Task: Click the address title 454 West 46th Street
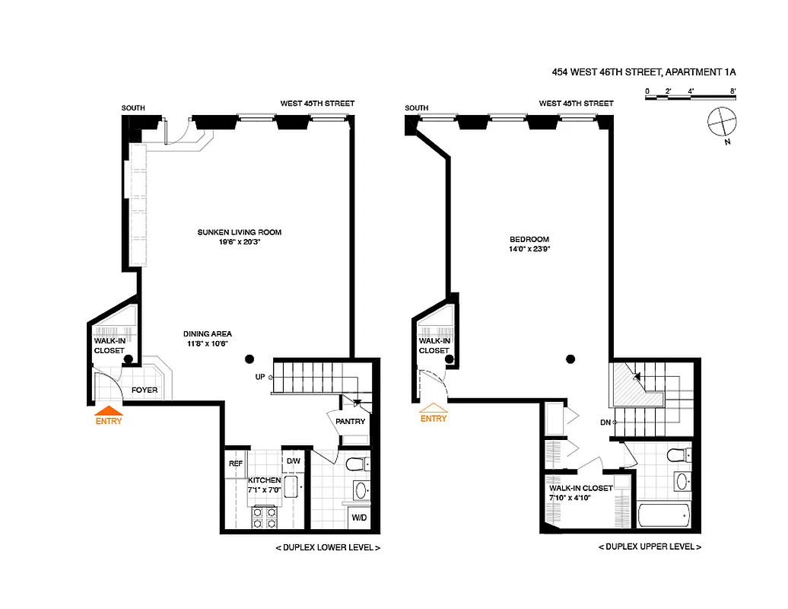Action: pos(644,72)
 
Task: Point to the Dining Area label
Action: pos(207,333)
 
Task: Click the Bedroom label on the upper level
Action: pos(529,238)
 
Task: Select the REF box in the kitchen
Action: pos(236,462)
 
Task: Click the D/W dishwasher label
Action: pos(293,461)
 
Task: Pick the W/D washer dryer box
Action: pos(358,518)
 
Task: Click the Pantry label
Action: pos(350,422)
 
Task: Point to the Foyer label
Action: pos(145,390)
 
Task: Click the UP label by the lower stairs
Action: pos(259,376)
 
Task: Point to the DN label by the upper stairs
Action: pos(605,422)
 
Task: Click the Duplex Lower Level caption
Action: pos(326,547)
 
